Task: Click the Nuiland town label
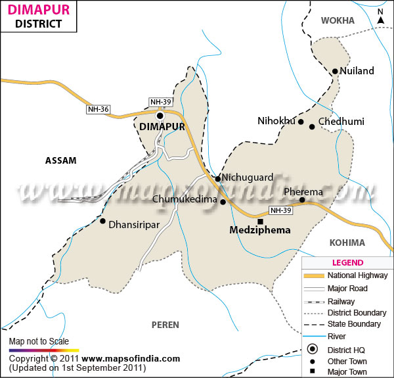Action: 357,71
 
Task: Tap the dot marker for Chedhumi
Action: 312,126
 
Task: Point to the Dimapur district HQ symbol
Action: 159,116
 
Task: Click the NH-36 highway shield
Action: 97,109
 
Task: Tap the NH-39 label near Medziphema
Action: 279,211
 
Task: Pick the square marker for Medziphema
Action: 259,222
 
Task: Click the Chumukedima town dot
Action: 223,202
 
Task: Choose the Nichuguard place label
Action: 246,177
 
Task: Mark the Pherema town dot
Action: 302,200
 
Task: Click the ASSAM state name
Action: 61,160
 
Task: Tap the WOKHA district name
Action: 338,20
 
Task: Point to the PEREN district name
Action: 165,325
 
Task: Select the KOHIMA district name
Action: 347,243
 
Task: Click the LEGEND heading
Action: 348,262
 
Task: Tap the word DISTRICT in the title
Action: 38,24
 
